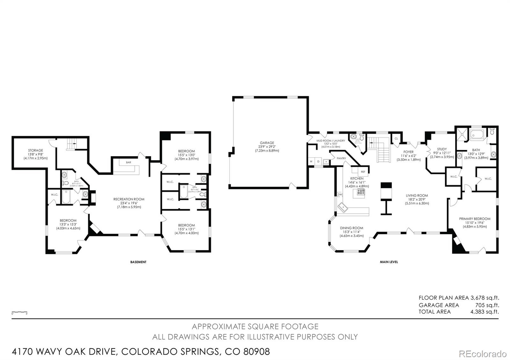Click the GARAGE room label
coord(267,143)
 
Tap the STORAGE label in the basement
coord(35,150)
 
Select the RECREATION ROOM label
coord(129,199)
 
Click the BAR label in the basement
coord(128,162)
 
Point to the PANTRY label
coord(341,158)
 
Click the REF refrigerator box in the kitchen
coord(363,172)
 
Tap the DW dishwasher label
coord(340,194)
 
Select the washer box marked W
coord(311,162)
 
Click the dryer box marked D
coord(318,162)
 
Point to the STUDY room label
coord(442,149)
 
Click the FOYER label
coord(408,152)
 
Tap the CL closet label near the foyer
coord(396,139)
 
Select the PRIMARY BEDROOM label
coord(475,219)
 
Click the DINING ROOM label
coord(352,228)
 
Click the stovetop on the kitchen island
coord(361,192)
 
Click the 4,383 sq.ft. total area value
coord(484,312)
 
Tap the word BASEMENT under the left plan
coord(138,262)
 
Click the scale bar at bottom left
coord(19,312)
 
